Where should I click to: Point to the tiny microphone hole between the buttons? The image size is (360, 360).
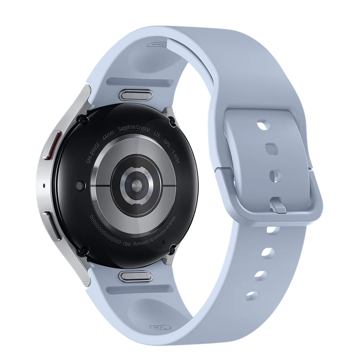tap(44, 186)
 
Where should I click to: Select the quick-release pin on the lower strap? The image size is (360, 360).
tap(133, 276)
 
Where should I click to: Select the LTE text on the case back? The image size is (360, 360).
tap(157, 134)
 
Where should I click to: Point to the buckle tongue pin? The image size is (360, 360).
tap(278, 206)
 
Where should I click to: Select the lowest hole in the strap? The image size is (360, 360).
tap(252, 296)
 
